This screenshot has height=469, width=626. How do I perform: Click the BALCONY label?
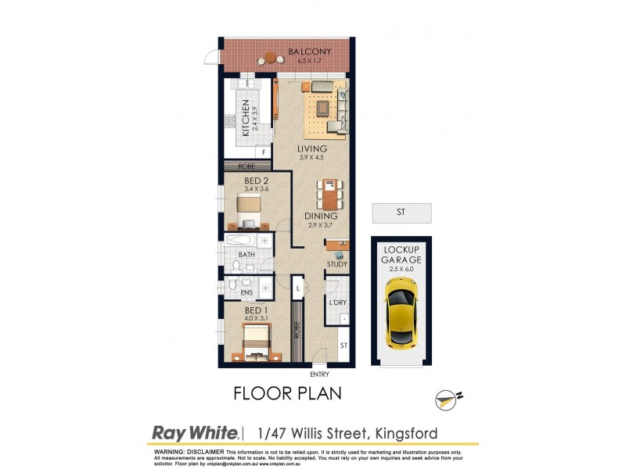[x=309, y=52]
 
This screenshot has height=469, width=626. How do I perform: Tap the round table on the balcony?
[x=271, y=57]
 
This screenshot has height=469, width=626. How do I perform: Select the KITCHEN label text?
[x=245, y=118]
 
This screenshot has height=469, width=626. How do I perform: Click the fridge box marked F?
[x=264, y=152]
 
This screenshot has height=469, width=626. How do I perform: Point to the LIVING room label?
[x=311, y=149]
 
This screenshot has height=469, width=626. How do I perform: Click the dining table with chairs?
[x=329, y=195]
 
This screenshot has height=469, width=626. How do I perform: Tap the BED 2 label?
[x=236, y=180]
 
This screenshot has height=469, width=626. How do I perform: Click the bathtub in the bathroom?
[x=247, y=241]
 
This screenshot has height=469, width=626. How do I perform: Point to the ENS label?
[x=246, y=293]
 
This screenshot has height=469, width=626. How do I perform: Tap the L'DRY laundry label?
[x=337, y=302]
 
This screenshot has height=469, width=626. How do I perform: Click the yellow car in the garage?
[x=401, y=318]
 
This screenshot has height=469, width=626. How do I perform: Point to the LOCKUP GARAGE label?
[x=401, y=255]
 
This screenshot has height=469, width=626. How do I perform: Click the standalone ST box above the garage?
[x=401, y=212]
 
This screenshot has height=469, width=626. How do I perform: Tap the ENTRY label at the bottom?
[x=321, y=374]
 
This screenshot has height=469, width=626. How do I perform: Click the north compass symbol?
[x=446, y=400]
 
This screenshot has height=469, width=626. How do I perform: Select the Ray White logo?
[x=194, y=433]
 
